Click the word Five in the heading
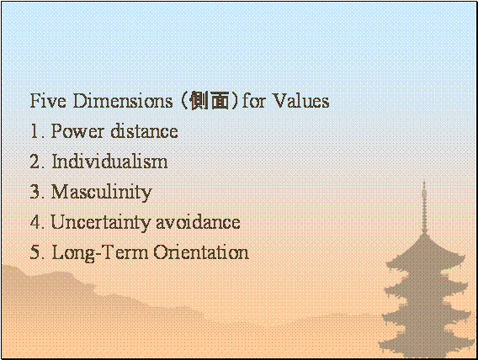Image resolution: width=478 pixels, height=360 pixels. [48, 100]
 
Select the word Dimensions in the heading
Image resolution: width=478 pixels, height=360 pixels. [123, 100]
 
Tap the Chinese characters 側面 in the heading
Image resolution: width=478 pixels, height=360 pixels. [209, 100]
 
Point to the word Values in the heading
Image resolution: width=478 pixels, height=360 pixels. [301, 100]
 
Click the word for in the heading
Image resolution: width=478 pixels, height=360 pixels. [253, 100]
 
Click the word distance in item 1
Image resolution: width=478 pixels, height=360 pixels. [144, 131]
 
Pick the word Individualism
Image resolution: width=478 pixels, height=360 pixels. [109, 161]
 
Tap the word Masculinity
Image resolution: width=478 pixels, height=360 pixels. [102, 193]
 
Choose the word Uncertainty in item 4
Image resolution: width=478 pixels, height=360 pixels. [102, 222]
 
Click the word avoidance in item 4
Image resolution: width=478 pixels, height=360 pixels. [198, 222]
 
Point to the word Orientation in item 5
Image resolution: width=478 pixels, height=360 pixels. [201, 252]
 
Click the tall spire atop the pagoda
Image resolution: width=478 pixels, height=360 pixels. [424, 207]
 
